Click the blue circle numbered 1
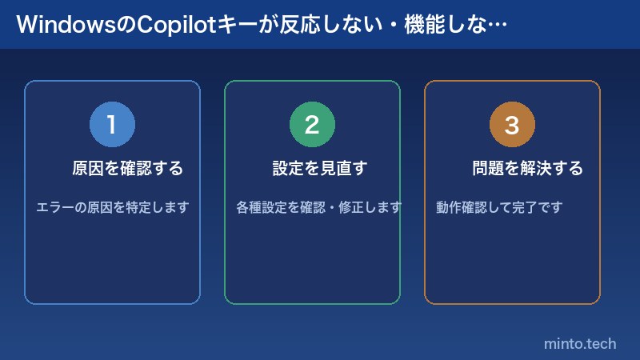(x=112, y=125)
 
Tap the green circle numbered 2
(x=312, y=125)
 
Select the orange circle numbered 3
(x=512, y=125)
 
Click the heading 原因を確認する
(x=128, y=169)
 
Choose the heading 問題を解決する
(x=528, y=169)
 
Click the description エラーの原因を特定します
(x=113, y=208)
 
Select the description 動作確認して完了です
(x=499, y=208)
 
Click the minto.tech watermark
(x=580, y=344)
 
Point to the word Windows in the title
(x=65, y=25)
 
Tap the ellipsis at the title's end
(x=497, y=25)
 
